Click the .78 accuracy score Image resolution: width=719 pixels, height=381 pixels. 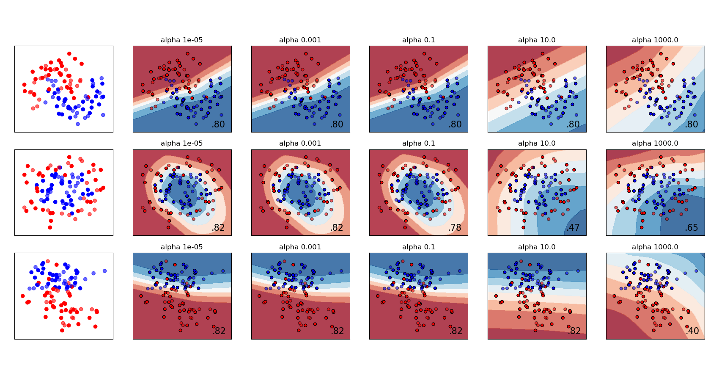coord(455,228)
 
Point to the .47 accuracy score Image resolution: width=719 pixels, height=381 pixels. coord(573,228)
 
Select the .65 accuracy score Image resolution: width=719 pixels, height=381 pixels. coord(692,228)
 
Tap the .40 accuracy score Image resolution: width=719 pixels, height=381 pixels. coord(692,331)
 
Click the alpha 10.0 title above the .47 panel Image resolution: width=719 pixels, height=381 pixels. coord(537,144)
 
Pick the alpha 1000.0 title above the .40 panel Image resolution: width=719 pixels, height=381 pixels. coord(655,247)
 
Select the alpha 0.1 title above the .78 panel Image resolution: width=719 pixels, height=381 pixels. coord(418,144)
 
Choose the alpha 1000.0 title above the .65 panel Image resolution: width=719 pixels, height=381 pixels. coord(655,144)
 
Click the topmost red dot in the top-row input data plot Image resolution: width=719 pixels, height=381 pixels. coord(69,54)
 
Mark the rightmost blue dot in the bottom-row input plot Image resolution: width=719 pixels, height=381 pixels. coord(104,271)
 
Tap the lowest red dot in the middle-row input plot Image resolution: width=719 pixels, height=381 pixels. coord(50,227)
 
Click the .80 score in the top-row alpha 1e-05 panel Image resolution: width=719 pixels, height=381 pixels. coord(218,124)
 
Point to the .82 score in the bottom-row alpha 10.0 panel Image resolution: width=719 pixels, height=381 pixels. coord(574,331)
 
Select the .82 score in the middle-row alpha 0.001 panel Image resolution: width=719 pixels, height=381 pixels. coord(337,228)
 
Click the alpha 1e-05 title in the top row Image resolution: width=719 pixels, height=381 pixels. coord(181,40)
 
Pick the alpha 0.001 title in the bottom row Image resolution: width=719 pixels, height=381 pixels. coord(300,247)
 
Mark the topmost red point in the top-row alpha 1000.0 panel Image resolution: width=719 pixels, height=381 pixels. coord(661,54)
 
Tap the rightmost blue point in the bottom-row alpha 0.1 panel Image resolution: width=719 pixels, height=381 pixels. coord(459,271)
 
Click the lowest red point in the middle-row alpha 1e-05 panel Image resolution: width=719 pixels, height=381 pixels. coord(168,227)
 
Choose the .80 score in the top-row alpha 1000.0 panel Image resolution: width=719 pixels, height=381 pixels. coord(692,124)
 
